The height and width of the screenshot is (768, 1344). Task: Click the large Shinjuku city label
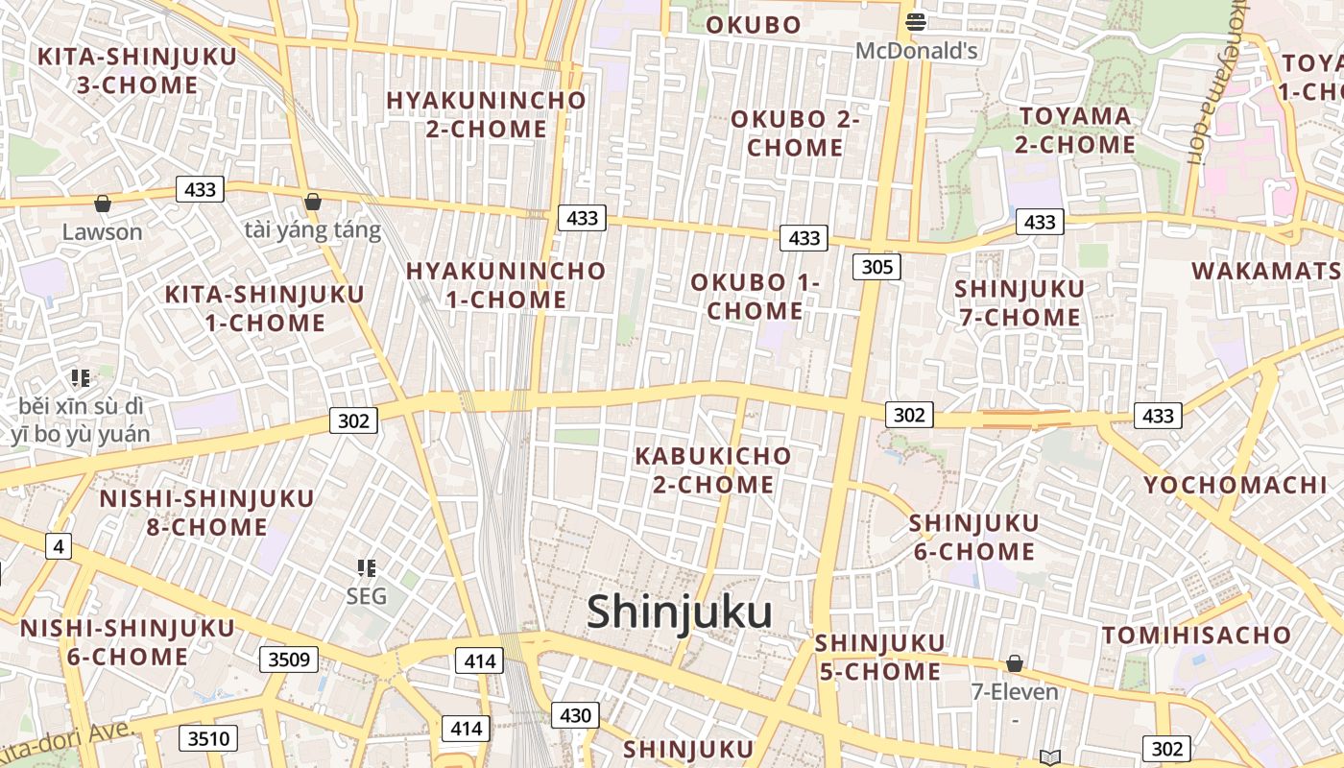pos(679,612)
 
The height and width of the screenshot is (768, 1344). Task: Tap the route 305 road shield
pos(876,267)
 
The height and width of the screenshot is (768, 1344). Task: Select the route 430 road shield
pos(575,715)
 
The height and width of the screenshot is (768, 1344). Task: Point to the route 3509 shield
pos(288,660)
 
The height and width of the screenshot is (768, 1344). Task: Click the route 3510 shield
pos(207,738)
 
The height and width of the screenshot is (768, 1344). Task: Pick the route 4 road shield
pos(59,547)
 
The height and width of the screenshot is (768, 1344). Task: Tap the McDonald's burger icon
pos(916,21)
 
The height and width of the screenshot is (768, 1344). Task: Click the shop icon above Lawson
pos(102,204)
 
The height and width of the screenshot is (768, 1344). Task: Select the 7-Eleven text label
pos(1015,692)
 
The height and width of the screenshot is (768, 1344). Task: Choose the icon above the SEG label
pos(366,568)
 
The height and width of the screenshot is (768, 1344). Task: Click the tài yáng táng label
pos(313,230)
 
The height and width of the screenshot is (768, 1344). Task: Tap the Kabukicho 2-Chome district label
pos(713,469)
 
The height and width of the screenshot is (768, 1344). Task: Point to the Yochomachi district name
pos(1234,485)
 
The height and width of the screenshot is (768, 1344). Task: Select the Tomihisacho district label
pos(1196,636)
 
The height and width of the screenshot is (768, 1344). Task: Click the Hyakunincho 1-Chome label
pos(506,285)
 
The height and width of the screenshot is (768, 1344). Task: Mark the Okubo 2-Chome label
pos(795,133)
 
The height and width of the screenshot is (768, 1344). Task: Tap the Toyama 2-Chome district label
pos(1075,131)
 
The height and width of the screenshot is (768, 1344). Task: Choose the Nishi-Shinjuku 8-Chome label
pos(207,513)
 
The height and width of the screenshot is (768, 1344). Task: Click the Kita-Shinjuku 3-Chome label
pos(136,70)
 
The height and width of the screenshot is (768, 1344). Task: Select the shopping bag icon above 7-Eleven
pos(1014,663)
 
